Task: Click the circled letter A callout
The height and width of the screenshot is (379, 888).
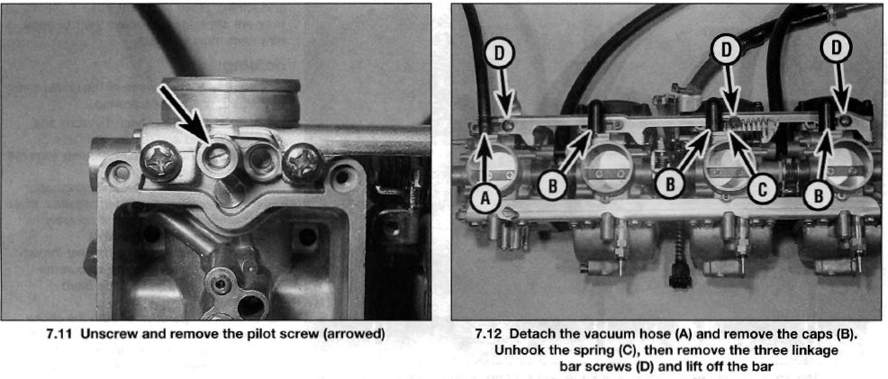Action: coord(485,198)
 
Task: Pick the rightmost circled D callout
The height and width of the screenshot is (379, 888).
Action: coord(837,48)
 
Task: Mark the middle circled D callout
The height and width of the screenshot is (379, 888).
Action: coord(726,50)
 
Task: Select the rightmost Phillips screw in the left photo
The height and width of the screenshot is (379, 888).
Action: coord(304,164)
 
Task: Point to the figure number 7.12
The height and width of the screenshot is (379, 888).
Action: coord(489,334)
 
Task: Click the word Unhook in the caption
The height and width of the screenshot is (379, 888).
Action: coord(518,351)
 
